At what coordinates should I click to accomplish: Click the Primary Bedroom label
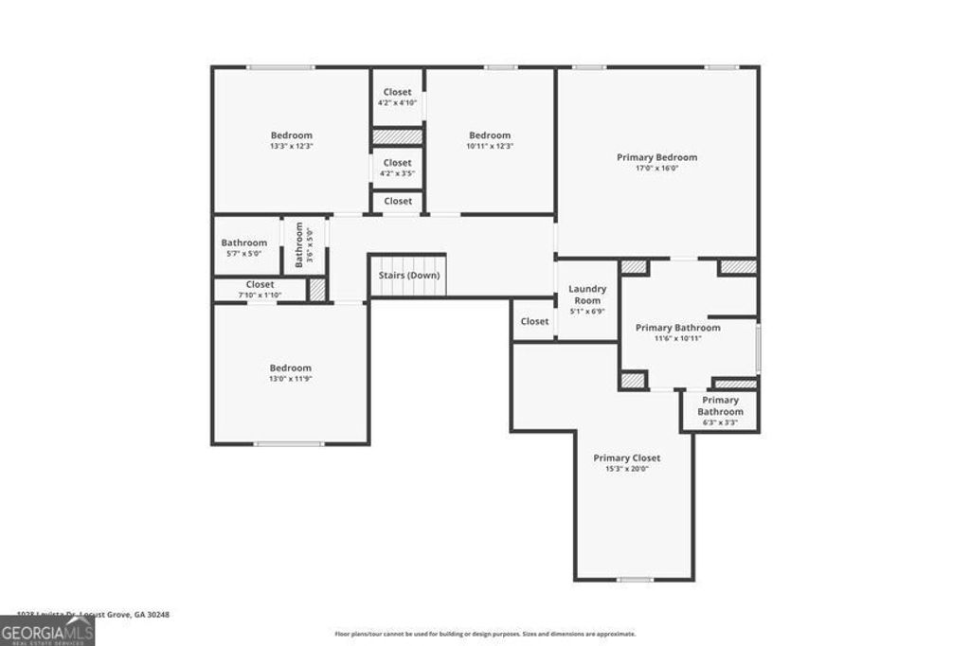coord(656,157)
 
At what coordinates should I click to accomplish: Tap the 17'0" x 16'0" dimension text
coord(656,169)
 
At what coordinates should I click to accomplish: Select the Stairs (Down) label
coord(409,276)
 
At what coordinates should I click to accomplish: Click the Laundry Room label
coord(587,295)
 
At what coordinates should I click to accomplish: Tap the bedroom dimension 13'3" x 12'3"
coord(291,147)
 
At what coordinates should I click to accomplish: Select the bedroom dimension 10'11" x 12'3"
coord(489,147)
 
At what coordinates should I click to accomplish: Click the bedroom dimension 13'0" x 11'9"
coord(290,380)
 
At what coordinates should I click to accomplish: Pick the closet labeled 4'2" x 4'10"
coord(397,102)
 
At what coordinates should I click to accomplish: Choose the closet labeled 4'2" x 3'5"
coord(397,173)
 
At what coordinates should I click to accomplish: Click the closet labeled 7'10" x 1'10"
coord(260,296)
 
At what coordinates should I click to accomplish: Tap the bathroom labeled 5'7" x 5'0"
coord(243,254)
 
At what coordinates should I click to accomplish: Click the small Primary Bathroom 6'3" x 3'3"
coord(720,423)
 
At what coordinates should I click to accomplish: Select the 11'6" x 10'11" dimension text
coord(677,339)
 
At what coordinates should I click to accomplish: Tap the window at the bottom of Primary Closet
coord(635,580)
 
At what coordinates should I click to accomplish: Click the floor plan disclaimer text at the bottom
coord(484,634)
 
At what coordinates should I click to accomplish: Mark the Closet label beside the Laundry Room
coord(534,321)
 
